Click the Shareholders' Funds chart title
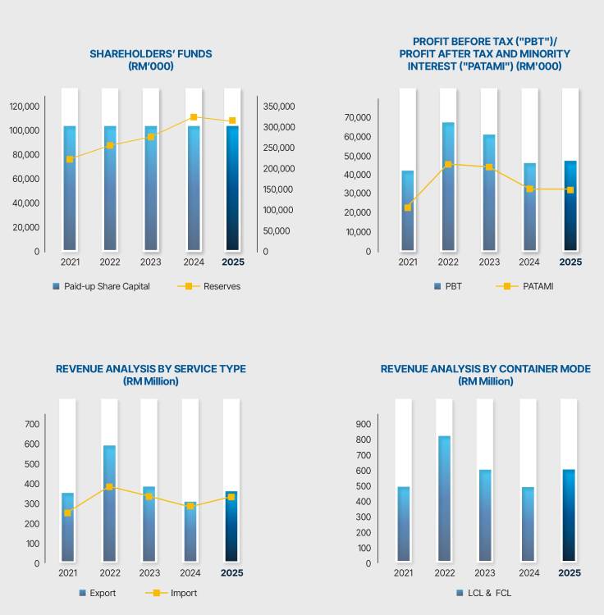[x=151, y=60]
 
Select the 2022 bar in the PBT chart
[x=448, y=186]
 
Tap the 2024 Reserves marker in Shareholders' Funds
[x=194, y=117]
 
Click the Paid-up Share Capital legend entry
[x=100, y=286]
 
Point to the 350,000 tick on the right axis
[x=278, y=107]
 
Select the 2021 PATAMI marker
[x=408, y=207]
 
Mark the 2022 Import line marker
[x=109, y=487]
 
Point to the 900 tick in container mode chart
[x=362, y=424]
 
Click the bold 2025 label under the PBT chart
[x=570, y=262]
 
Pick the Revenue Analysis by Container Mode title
[x=485, y=375]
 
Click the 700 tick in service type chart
[x=32, y=424]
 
